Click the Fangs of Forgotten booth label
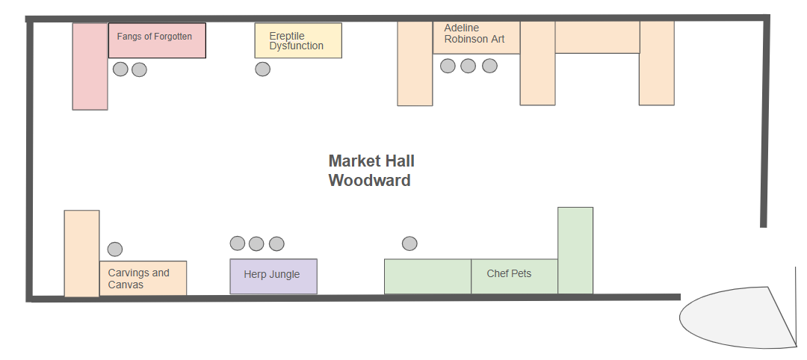pos(155,37)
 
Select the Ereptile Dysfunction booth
pos(297,40)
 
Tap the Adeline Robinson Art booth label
pos(474,34)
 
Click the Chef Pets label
pos(509,274)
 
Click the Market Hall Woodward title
pos(371,170)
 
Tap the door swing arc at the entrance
pos(736,317)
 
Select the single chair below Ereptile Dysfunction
pos(262,69)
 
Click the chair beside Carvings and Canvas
pos(115,249)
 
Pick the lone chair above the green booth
pos(409,243)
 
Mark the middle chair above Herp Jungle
pos(256,243)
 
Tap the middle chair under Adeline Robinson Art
pos(469,66)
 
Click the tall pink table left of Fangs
pos(90,66)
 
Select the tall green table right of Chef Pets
pos(575,250)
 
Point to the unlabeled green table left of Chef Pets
pos(427,276)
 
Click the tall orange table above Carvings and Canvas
pos(81,253)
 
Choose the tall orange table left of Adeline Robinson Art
pos(415,63)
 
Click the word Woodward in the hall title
pos(369,181)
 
